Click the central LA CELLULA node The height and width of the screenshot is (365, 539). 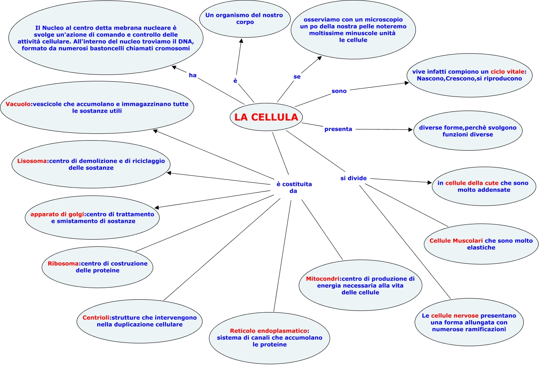coord(266,117)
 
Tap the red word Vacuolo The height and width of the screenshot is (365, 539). coord(18,104)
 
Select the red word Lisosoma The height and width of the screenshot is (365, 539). coord(32,161)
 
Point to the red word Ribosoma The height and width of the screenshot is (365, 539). coord(63,264)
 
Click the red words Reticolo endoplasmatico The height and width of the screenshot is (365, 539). coord(269,331)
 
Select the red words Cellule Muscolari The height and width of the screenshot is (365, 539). coord(456,241)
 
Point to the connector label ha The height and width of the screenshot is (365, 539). coord(192,75)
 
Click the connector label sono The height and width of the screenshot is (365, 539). coord(339,91)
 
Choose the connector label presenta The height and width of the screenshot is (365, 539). coord(338,129)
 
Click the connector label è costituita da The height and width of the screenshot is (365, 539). coord(294,188)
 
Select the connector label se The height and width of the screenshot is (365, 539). coord(297,76)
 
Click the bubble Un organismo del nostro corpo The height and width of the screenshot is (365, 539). coord(244,19)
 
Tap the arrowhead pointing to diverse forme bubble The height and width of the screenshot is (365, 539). coord(411,130)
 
